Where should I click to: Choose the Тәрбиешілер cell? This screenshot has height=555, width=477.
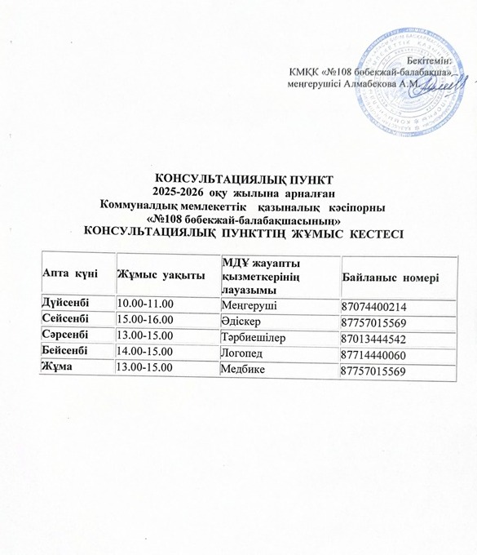254,338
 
